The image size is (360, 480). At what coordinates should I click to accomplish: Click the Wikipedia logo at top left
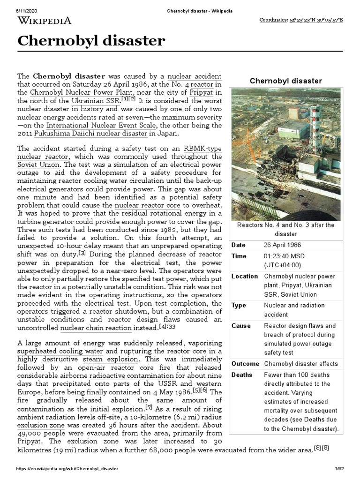45,20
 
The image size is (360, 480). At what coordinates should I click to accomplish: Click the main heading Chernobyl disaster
91,41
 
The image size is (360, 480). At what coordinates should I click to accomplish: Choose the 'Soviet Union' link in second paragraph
38,165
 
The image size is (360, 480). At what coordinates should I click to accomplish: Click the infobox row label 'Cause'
241,326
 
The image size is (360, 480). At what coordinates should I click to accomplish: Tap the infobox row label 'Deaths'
242,375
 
